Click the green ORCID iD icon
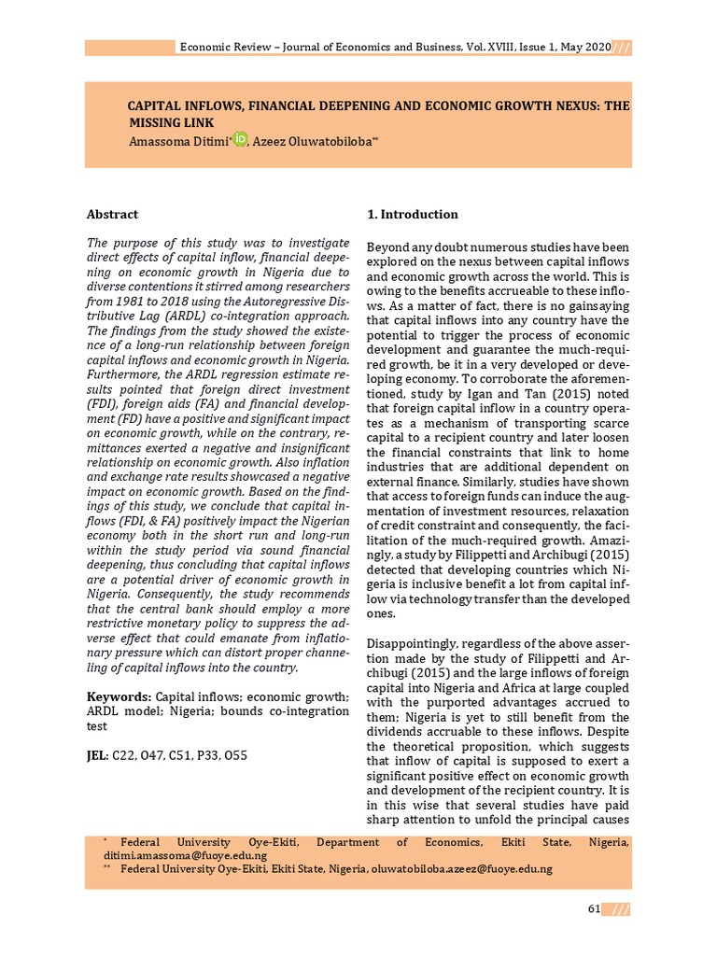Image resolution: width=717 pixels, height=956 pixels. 240,139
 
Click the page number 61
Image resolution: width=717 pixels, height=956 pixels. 594,909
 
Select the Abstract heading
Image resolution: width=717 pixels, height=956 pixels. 112,214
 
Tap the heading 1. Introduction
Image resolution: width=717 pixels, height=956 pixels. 413,214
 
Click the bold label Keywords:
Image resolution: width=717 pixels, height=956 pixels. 119,696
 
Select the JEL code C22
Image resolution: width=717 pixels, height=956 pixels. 123,754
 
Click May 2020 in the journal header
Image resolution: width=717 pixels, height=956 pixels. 584,47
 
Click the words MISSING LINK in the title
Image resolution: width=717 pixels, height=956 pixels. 171,122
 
